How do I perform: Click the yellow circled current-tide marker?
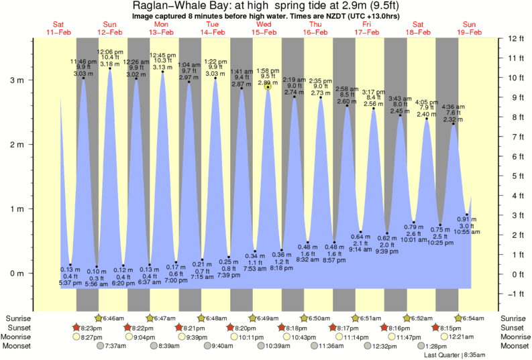click(x=268, y=86)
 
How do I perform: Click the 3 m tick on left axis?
click(x=32, y=80)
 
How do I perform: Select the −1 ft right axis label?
click(x=515, y=294)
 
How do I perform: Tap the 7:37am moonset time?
click(x=116, y=346)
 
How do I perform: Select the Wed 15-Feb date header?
click(x=264, y=27)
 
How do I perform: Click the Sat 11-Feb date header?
click(x=59, y=27)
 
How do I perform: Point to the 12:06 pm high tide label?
click(x=110, y=52)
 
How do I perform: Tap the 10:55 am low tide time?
click(x=468, y=231)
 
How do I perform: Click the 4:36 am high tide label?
click(x=454, y=107)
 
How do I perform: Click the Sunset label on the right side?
click(x=514, y=327)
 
